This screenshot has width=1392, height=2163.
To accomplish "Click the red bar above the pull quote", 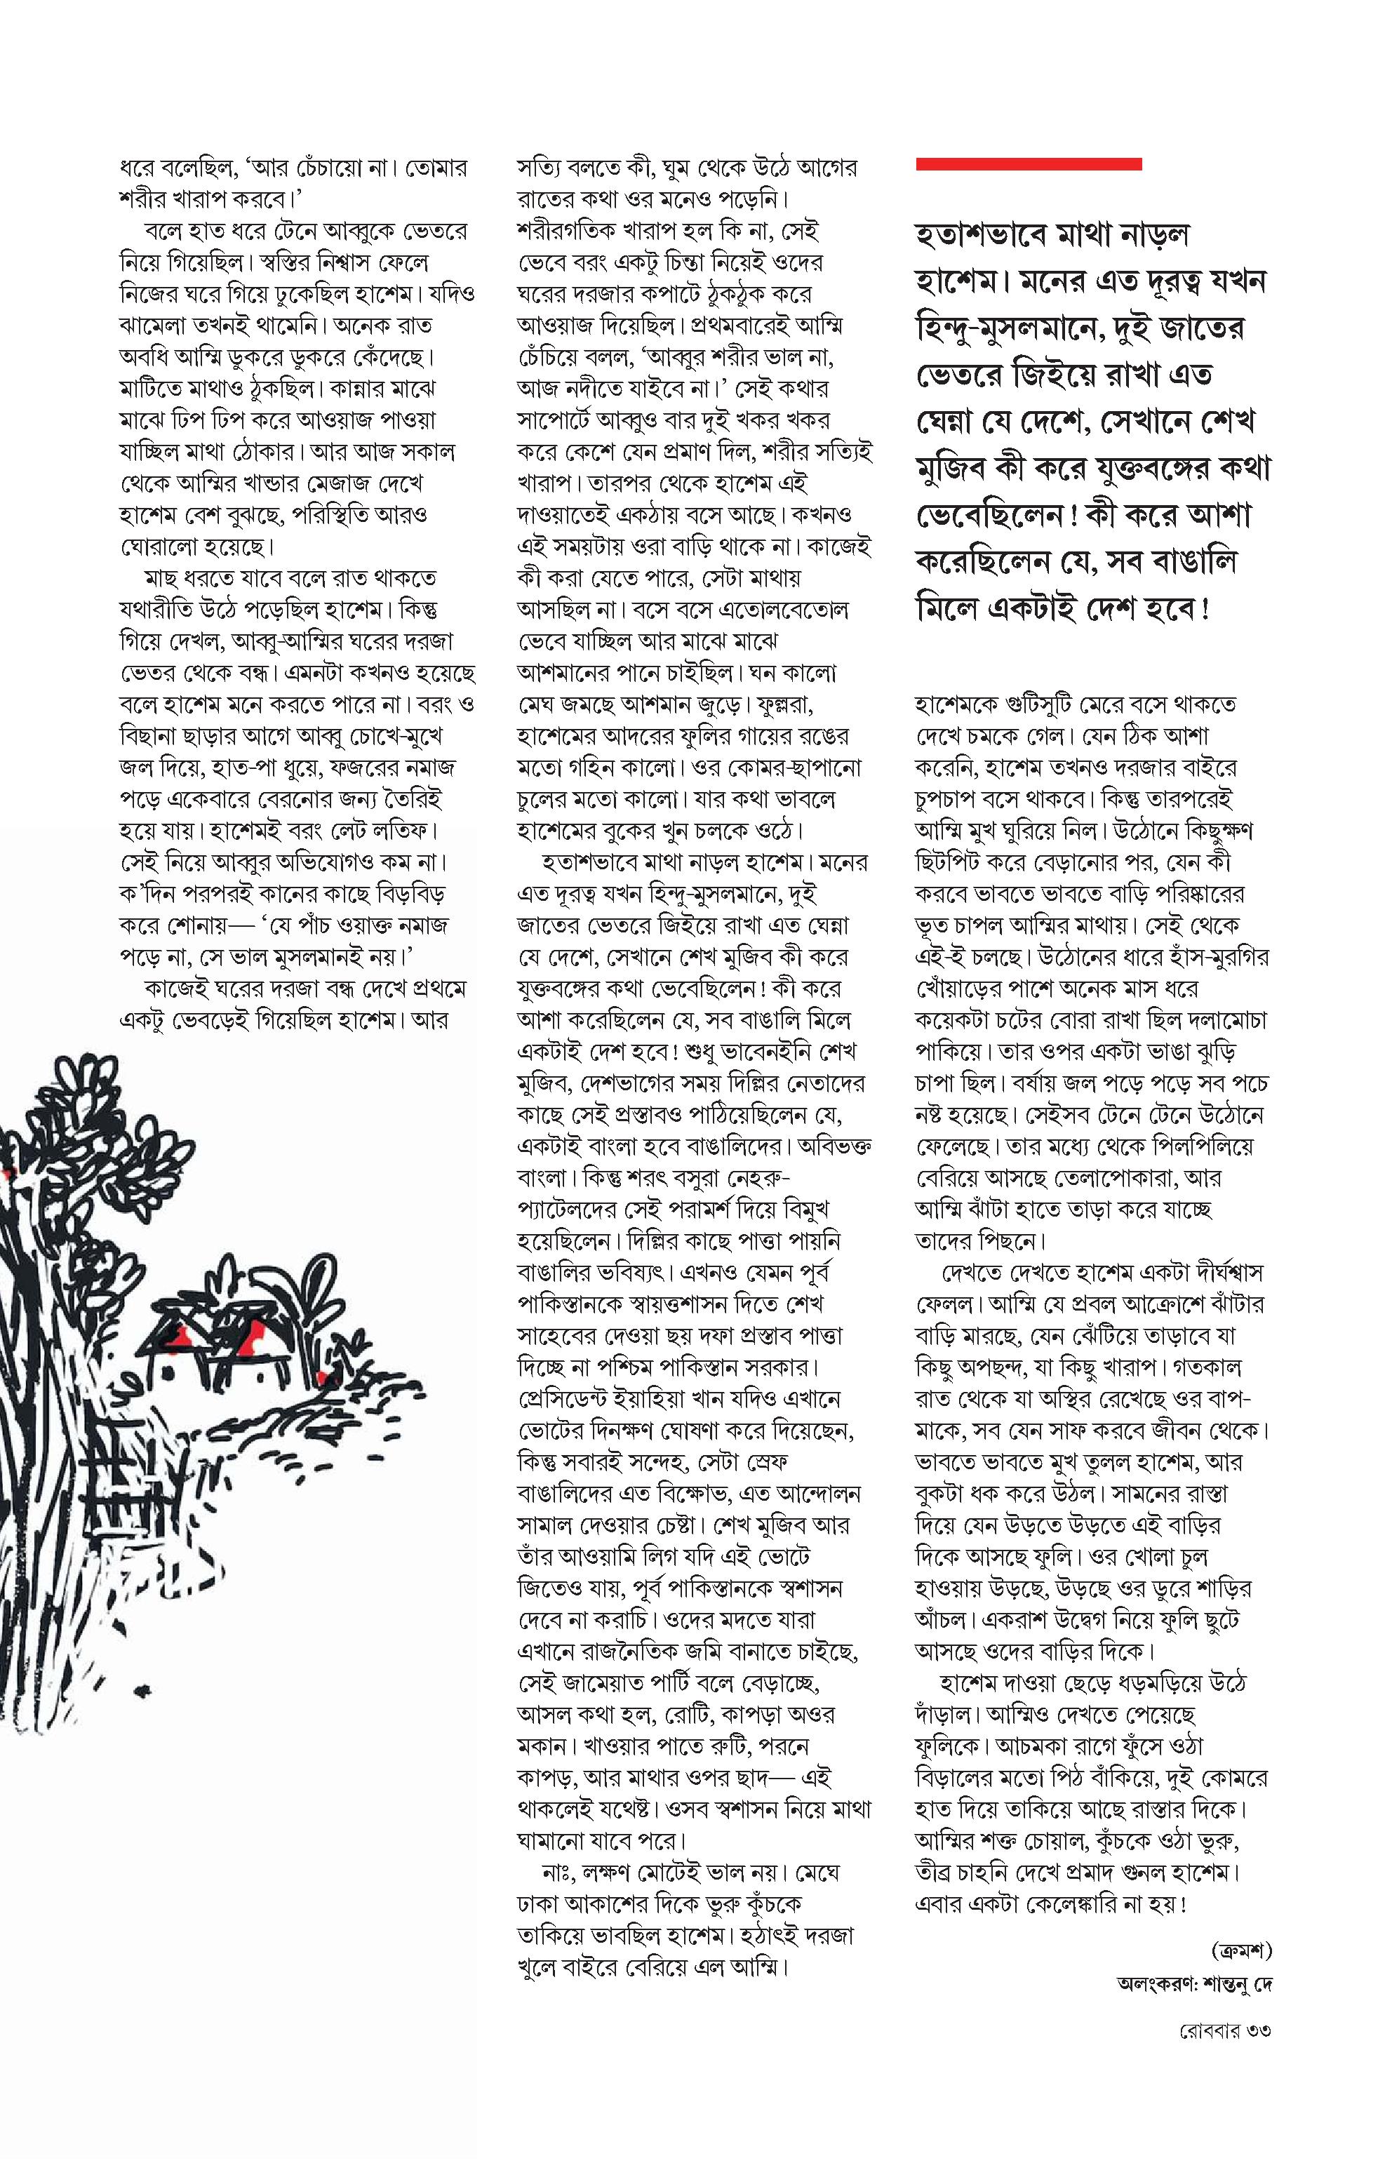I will click(x=1029, y=163).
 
